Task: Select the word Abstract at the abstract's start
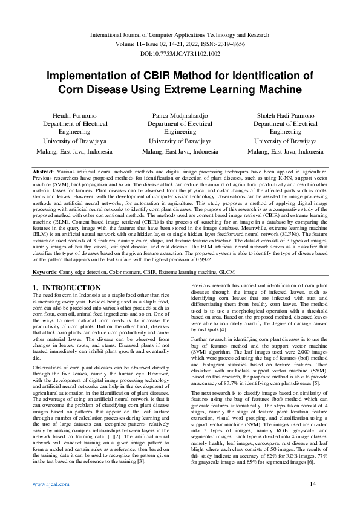coord(45,172)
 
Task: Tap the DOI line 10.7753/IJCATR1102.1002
coord(180,53)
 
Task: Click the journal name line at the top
coord(180,36)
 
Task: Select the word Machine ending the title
coord(275,89)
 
